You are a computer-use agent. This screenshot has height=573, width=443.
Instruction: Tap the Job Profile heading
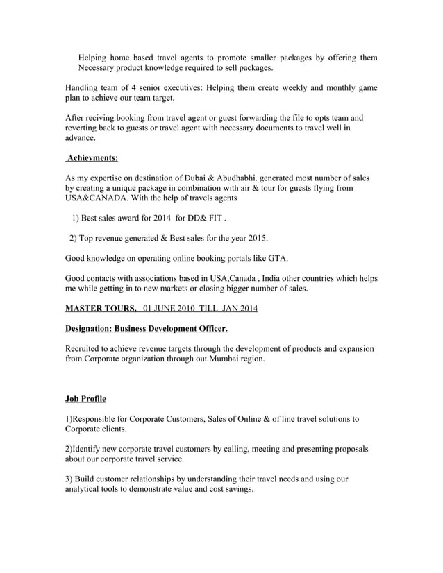click(85, 399)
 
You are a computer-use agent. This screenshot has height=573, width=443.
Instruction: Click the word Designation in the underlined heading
click(88, 328)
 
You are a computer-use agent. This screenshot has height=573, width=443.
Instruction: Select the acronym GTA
click(276, 258)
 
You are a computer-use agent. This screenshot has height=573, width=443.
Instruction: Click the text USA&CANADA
click(97, 198)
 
